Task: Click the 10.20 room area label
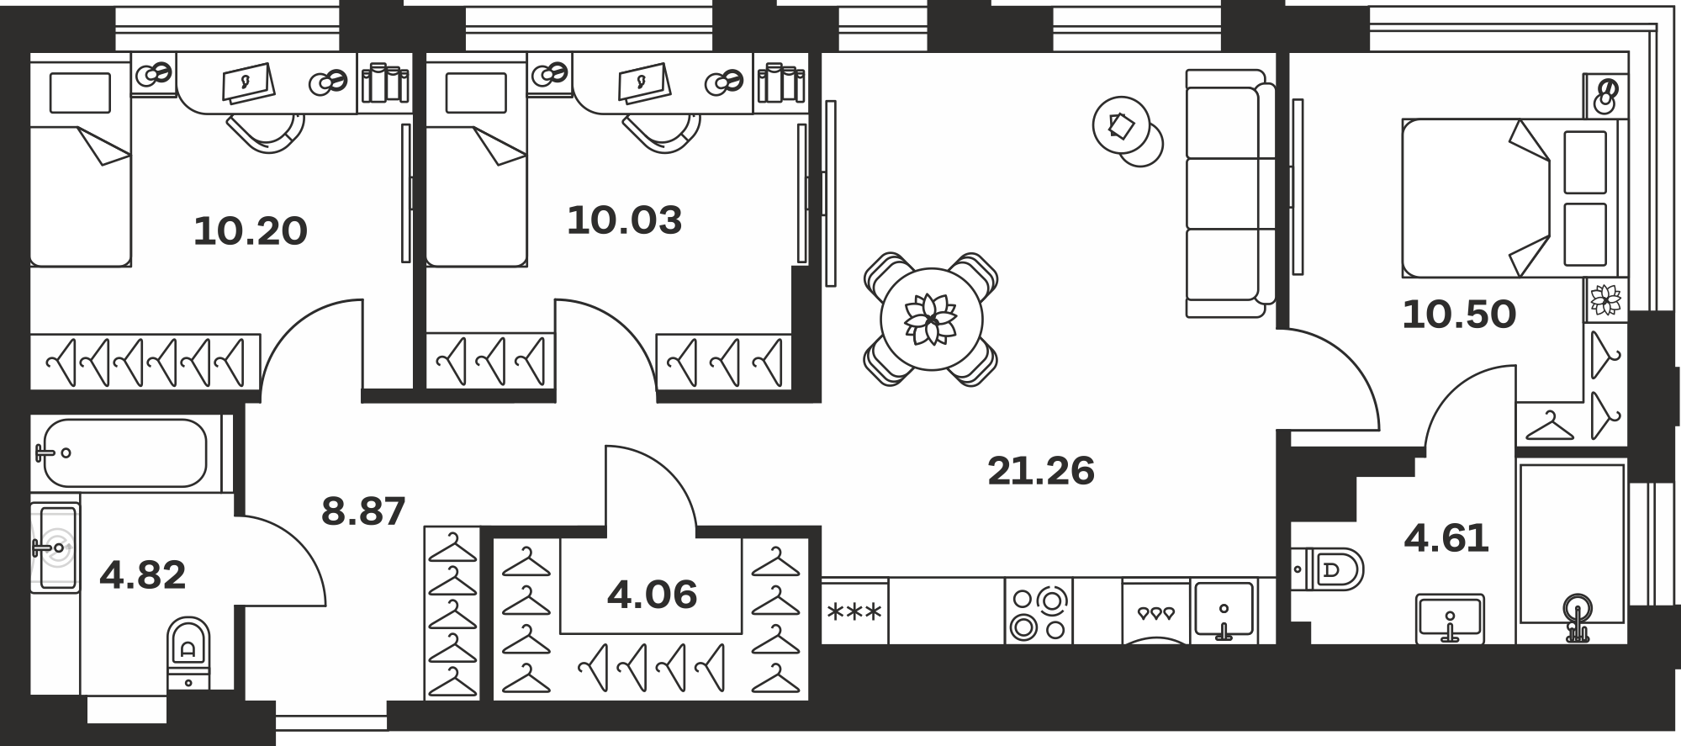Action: pos(251,231)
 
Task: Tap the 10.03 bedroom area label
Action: pos(624,220)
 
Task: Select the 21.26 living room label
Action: pos(1041,471)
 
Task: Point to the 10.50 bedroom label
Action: pos(1459,315)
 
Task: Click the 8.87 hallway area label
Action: pos(364,511)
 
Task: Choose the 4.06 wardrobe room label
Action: pos(653,595)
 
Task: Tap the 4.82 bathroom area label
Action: pos(142,576)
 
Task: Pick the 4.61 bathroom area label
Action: pos(1446,538)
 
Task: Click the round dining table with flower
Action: pos(932,320)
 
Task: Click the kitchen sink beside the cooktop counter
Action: pos(1224,612)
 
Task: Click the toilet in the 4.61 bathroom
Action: pos(1327,570)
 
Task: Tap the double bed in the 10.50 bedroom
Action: pos(1514,198)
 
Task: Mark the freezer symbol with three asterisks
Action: pos(854,611)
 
